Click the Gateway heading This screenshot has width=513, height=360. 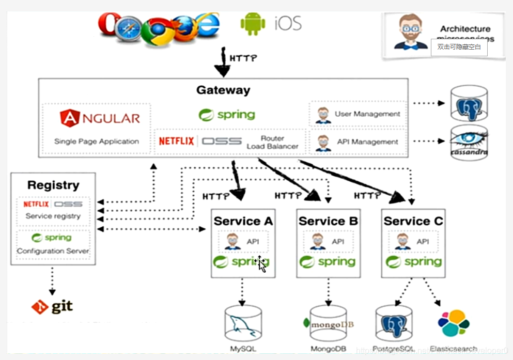click(223, 90)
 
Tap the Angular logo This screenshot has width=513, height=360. click(100, 118)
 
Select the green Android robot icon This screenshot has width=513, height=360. click(253, 24)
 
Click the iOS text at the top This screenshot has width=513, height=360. click(288, 23)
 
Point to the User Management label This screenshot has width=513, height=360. click(367, 114)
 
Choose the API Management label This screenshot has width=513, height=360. click(367, 142)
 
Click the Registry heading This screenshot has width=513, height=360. click(53, 185)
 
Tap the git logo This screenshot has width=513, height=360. click(52, 307)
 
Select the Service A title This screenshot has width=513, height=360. click(243, 221)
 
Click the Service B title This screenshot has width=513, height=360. click(328, 221)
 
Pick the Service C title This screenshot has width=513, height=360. click(413, 221)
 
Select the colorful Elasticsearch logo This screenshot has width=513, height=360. click(453, 323)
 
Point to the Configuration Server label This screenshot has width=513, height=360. click(53, 251)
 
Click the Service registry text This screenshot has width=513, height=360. click(53, 216)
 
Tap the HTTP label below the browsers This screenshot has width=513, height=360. click(243, 58)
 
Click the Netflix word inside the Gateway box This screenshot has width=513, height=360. click(177, 141)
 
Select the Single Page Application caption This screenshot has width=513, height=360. click(97, 141)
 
